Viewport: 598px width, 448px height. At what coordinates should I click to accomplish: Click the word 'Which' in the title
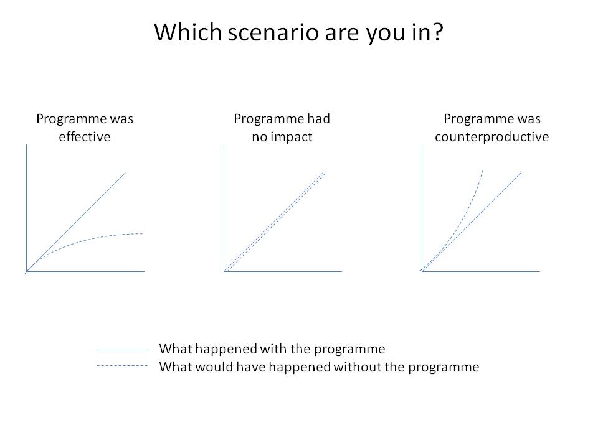coord(188,32)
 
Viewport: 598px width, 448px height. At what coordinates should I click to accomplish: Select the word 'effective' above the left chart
coord(84,136)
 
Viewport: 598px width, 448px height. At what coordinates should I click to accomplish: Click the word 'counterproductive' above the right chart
coord(491,137)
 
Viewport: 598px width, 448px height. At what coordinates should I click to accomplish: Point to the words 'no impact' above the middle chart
coord(282,137)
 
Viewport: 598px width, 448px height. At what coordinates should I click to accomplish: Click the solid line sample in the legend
coord(123,350)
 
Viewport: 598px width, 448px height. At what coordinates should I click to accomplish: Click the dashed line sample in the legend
coord(123,366)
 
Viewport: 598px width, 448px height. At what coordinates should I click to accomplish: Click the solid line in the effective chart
coord(76,222)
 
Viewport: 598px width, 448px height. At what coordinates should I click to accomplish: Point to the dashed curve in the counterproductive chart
coord(460,225)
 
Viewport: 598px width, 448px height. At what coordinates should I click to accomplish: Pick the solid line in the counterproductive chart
coord(472,222)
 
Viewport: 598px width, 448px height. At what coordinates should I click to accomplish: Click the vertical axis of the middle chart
coord(224,208)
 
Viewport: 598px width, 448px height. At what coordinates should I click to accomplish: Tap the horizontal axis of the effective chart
coord(85,271)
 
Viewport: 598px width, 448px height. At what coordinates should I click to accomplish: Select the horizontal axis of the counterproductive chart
coord(481,271)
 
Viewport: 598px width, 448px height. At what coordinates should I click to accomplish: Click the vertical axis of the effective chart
coord(26,208)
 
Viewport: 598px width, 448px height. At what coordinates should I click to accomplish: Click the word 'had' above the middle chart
coord(320,119)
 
